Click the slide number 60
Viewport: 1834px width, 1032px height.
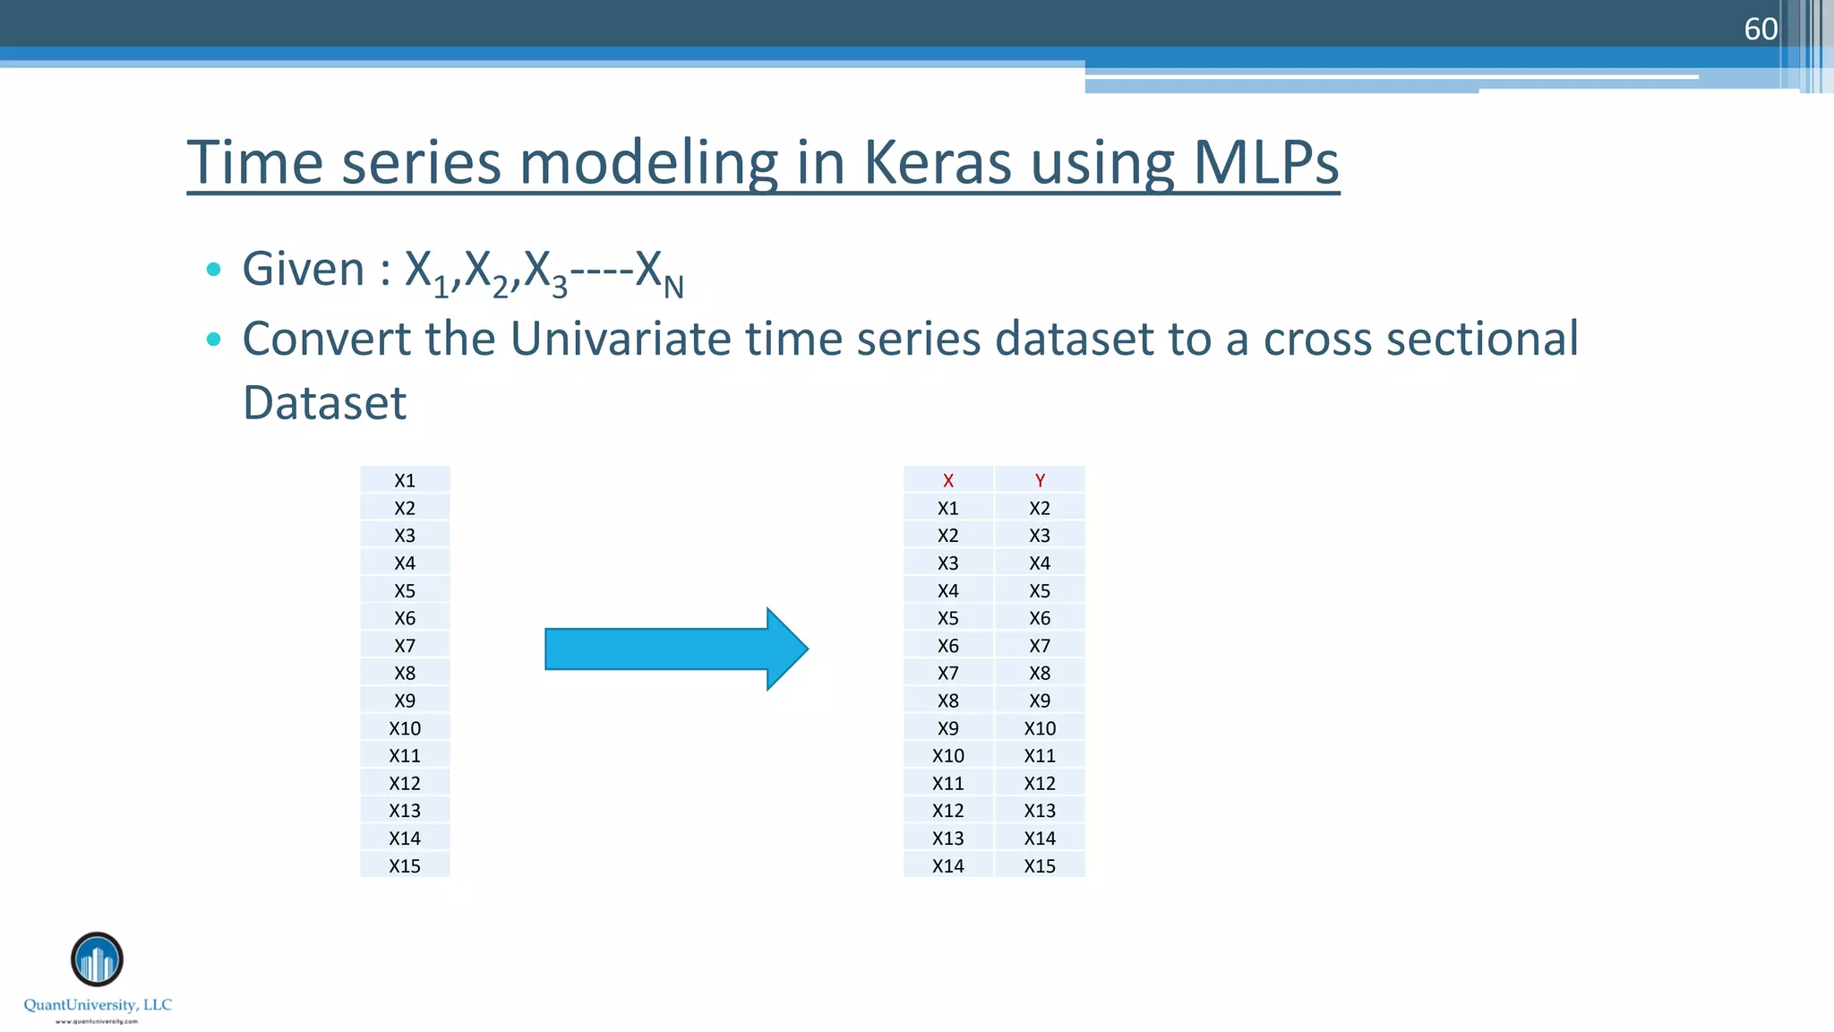(1760, 30)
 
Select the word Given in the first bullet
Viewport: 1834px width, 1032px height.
(304, 269)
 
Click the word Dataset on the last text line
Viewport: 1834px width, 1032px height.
(325, 402)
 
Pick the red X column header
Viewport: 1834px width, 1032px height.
(947, 480)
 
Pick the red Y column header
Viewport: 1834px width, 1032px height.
(1040, 480)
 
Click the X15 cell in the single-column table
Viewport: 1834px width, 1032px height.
(405, 865)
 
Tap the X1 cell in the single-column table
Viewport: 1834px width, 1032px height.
(405, 480)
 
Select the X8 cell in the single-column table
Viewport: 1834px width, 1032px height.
(405, 673)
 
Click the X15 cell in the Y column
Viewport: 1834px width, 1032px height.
(1040, 865)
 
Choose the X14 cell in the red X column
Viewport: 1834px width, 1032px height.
(947, 865)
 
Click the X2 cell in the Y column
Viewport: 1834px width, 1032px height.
(1040, 508)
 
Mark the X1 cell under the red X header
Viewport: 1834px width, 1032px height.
(947, 508)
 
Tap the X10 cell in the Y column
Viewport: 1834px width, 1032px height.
(1040, 727)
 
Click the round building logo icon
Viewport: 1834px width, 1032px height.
(97, 959)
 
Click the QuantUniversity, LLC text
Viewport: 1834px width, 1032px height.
(98, 1004)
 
